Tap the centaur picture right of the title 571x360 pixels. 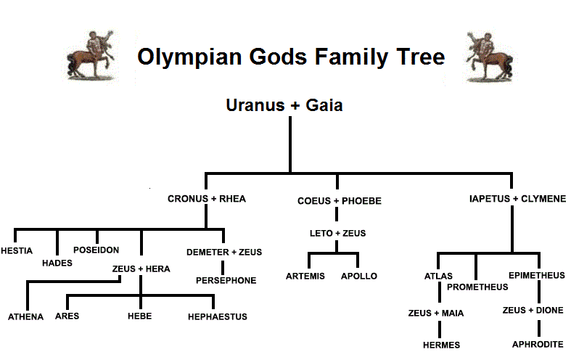(490, 57)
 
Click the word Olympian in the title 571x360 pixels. (189, 57)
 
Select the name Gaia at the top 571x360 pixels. (324, 105)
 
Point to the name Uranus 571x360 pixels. (255, 105)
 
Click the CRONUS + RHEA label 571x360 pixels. (207, 199)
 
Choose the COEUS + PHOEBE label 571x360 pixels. (340, 201)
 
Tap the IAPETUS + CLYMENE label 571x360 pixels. (517, 199)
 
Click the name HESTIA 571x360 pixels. (17, 250)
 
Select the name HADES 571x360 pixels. (57, 263)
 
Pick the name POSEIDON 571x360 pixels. (96, 250)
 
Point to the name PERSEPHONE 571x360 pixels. (226, 281)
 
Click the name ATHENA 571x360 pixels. (26, 317)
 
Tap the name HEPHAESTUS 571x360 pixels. (218, 317)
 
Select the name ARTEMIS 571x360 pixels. (305, 277)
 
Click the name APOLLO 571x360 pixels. (359, 277)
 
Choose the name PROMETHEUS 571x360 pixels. (477, 287)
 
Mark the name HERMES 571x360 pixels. (441, 345)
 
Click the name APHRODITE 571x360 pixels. (538, 344)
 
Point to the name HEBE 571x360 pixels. (140, 316)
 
